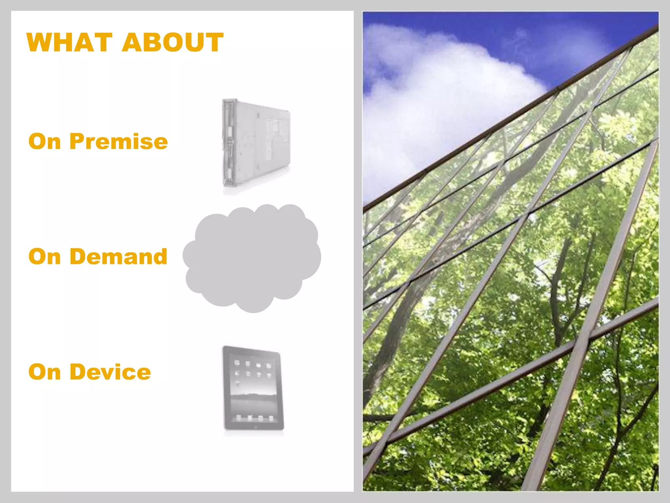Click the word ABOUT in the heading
pos(172,43)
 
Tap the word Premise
pos(118,141)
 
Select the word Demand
pos(118,256)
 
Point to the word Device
pos(110,372)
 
